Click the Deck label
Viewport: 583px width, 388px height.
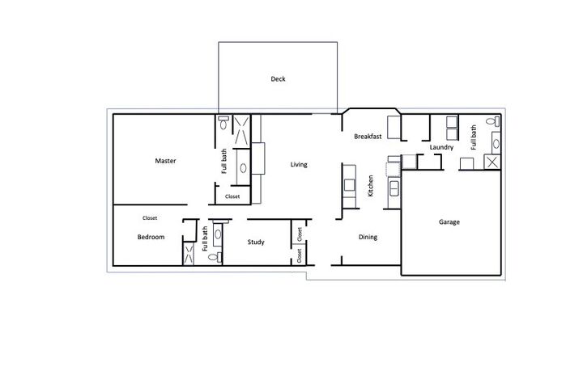click(x=278, y=79)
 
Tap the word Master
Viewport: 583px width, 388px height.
click(x=165, y=161)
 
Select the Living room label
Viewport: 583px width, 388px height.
click(x=299, y=165)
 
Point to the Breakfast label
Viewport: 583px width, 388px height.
click(x=368, y=137)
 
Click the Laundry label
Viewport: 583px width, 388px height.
click(x=441, y=148)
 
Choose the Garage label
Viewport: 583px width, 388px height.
click(x=449, y=221)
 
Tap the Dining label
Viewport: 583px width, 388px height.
click(x=368, y=237)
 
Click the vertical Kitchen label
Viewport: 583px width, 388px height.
click(x=371, y=187)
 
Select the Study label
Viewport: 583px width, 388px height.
click(x=256, y=242)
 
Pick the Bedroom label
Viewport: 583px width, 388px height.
click(x=151, y=237)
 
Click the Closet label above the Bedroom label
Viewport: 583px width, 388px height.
click(x=150, y=217)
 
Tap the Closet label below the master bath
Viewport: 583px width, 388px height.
click(x=232, y=196)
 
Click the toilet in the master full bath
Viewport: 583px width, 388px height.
click(x=223, y=124)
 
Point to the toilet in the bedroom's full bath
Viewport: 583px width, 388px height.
click(x=213, y=257)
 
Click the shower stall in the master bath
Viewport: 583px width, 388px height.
click(x=241, y=130)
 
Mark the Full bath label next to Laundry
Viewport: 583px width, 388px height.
click(x=474, y=135)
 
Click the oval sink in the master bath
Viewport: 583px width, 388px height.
click(x=242, y=169)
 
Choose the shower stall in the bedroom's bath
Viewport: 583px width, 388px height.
click(x=189, y=254)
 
